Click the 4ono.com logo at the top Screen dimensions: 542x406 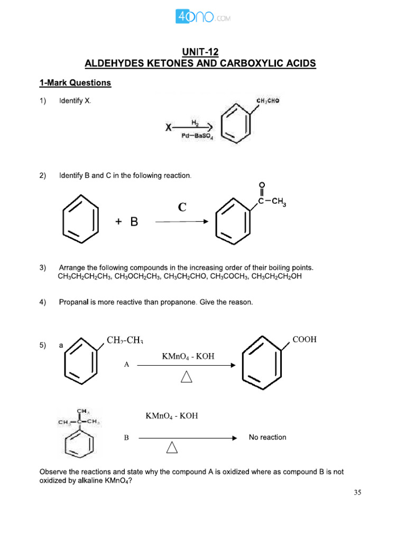pyautogui.click(x=202, y=17)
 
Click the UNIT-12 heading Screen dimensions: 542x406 pyautogui.click(x=200, y=51)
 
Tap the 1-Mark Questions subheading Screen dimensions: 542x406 pyautogui.click(x=75, y=83)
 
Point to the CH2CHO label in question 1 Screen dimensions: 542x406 pyautogui.click(x=268, y=101)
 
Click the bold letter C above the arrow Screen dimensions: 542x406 pyautogui.click(x=182, y=207)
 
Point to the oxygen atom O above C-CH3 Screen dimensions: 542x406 pyautogui.click(x=262, y=185)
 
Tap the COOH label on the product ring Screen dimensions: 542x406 pyautogui.click(x=304, y=339)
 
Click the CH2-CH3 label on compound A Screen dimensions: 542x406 pyautogui.click(x=125, y=339)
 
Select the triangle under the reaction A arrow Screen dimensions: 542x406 pyautogui.click(x=187, y=377)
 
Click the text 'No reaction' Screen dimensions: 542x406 pyautogui.click(x=267, y=437)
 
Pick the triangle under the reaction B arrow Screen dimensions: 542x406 pyautogui.click(x=172, y=448)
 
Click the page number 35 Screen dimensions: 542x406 pyautogui.click(x=357, y=493)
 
